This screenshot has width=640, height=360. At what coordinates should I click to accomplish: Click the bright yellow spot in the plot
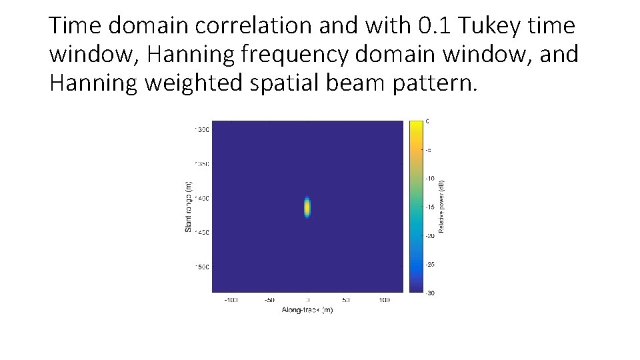pos(307,207)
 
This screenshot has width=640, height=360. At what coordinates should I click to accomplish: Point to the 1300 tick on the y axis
pos(201,129)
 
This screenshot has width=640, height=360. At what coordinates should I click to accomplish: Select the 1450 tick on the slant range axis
pos(201,233)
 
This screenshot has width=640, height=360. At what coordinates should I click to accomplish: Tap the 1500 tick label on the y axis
pos(201,267)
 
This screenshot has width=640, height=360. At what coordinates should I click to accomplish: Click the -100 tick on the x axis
pos(230,301)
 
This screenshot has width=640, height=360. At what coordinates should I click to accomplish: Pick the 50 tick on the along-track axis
pos(346,301)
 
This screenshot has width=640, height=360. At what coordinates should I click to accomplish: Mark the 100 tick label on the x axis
pos(385,301)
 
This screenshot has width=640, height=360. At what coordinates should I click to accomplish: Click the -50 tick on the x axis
pos(269,301)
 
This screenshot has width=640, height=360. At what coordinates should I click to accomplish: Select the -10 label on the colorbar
pos(431,179)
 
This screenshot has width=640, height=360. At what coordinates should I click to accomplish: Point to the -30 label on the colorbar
pos(431,293)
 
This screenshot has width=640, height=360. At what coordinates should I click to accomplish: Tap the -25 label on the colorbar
pos(431,265)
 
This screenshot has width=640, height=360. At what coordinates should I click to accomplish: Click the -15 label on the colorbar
pos(431,207)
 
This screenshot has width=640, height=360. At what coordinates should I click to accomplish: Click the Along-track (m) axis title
pos(307,311)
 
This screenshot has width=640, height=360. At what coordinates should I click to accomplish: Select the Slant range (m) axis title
pos(189,207)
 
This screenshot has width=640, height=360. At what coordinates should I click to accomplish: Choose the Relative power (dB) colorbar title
pos(441,207)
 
